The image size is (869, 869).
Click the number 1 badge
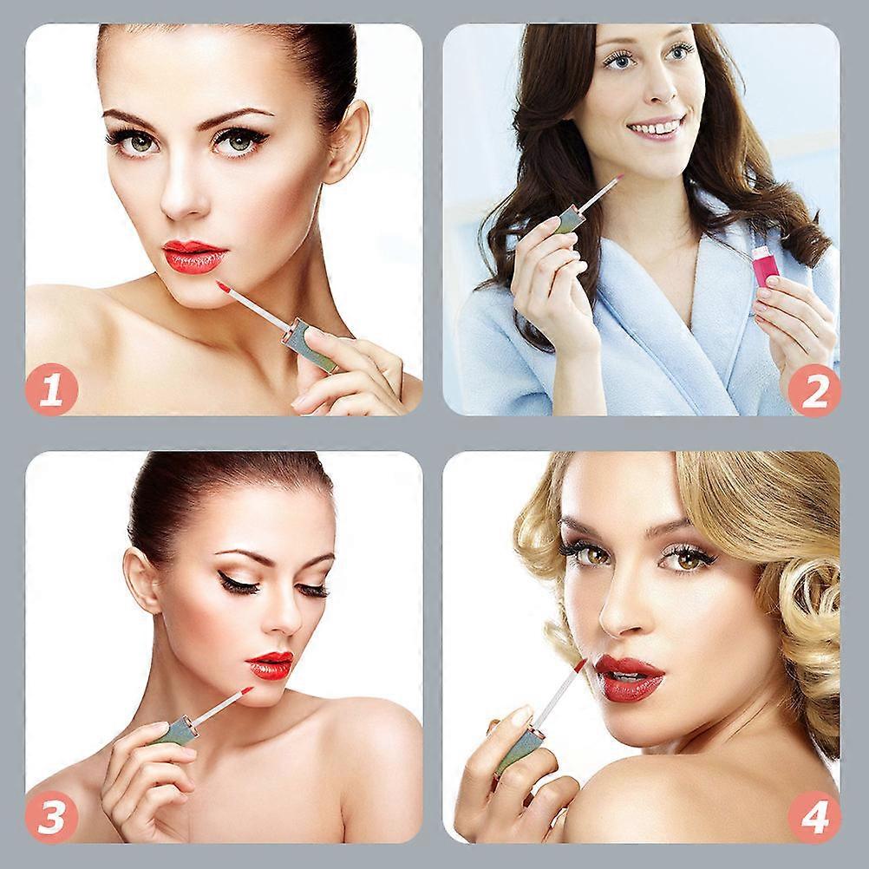(51, 389)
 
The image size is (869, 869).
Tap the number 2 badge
(814, 389)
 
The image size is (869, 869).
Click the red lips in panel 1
(194, 256)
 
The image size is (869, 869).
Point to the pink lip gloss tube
(764, 267)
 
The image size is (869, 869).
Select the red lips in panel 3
(270, 665)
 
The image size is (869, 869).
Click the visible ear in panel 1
(347, 142)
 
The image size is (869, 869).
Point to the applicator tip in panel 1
(223, 286)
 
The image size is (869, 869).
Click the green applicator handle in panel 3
(177, 730)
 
